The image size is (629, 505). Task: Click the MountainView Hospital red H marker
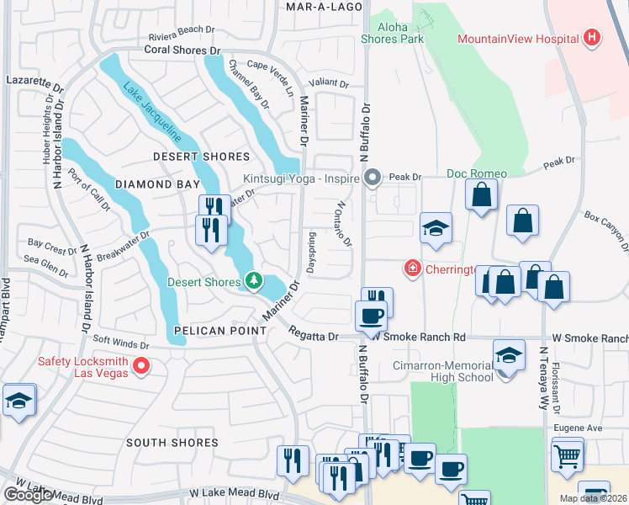pos(592,38)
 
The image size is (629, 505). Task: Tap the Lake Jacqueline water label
pos(151,111)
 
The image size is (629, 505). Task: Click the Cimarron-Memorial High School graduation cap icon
pos(508,355)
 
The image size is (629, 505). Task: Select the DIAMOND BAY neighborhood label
pos(157,183)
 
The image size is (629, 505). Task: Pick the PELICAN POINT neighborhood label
pos(220,331)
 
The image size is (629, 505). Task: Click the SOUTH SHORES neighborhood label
pos(167,442)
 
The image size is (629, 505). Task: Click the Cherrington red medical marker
pos(412,269)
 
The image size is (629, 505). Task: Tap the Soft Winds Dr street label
pos(119,343)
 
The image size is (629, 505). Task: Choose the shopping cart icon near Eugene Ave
pos(568,456)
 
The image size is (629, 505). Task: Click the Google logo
pos(28,495)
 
